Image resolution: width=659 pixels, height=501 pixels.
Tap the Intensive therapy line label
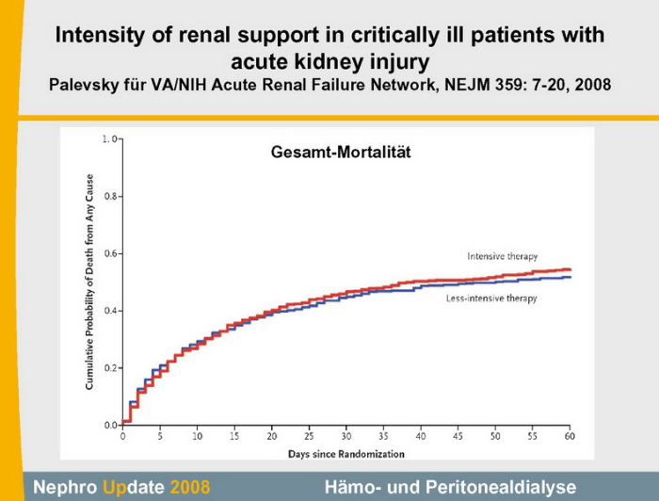coord(503,256)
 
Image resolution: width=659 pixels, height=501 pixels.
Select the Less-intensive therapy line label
coord(491,299)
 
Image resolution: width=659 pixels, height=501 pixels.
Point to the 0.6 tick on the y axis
coord(110,253)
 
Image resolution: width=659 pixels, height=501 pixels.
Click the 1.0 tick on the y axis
coord(110,139)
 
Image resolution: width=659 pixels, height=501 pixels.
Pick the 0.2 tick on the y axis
coord(110,367)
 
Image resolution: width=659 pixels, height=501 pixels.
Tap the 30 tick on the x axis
coord(346,437)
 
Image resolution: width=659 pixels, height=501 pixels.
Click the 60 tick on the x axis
coord(570,437)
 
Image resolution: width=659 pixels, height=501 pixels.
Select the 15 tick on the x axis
coord(234,437)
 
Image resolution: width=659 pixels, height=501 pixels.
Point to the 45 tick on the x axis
coord(458,437)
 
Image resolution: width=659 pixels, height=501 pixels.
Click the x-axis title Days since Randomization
coord(346,454)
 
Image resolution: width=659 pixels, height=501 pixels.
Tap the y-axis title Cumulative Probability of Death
coord(90,282)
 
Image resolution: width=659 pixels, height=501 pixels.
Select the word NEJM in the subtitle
coord(442,85)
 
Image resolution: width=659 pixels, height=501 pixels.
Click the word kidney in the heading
coord(329,61)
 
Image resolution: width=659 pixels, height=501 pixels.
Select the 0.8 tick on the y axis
coord(110,196)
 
